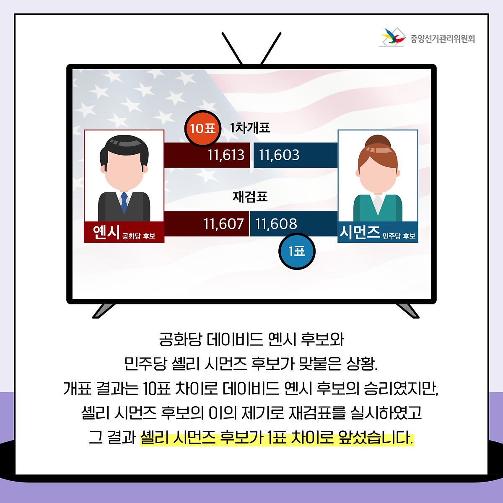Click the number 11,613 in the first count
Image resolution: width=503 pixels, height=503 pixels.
tap(226, 155)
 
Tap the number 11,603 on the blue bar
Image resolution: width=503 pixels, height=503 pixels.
tap(279, 155)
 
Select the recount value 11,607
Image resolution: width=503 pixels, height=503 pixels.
tap(223, 224)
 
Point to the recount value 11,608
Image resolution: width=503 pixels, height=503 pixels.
tap(276, 224)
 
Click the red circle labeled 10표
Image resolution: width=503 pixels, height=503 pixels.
tap(202, 129)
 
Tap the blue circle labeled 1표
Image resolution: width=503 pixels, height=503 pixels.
tap(297, 251)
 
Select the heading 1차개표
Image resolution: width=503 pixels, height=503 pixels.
tap(250, 128)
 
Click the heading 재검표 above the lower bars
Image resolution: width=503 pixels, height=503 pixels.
tap(250, 197)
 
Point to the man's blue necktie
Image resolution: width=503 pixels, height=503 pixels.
tap(124, 202)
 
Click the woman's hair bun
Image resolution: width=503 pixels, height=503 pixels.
tap(378, 142)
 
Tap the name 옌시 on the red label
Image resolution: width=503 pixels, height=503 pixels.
tap(106, 232)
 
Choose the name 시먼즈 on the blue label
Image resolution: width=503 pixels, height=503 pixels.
tap(360, 232)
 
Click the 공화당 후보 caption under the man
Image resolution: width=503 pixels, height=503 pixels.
tap(139, 236)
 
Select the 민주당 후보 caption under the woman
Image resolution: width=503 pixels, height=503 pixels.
tap(399, 236)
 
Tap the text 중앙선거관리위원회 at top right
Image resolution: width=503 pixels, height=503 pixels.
tap(443, 39)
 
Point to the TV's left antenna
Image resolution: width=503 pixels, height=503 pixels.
tap(232, 48)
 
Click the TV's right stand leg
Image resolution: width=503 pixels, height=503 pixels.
tap(407, 311)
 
